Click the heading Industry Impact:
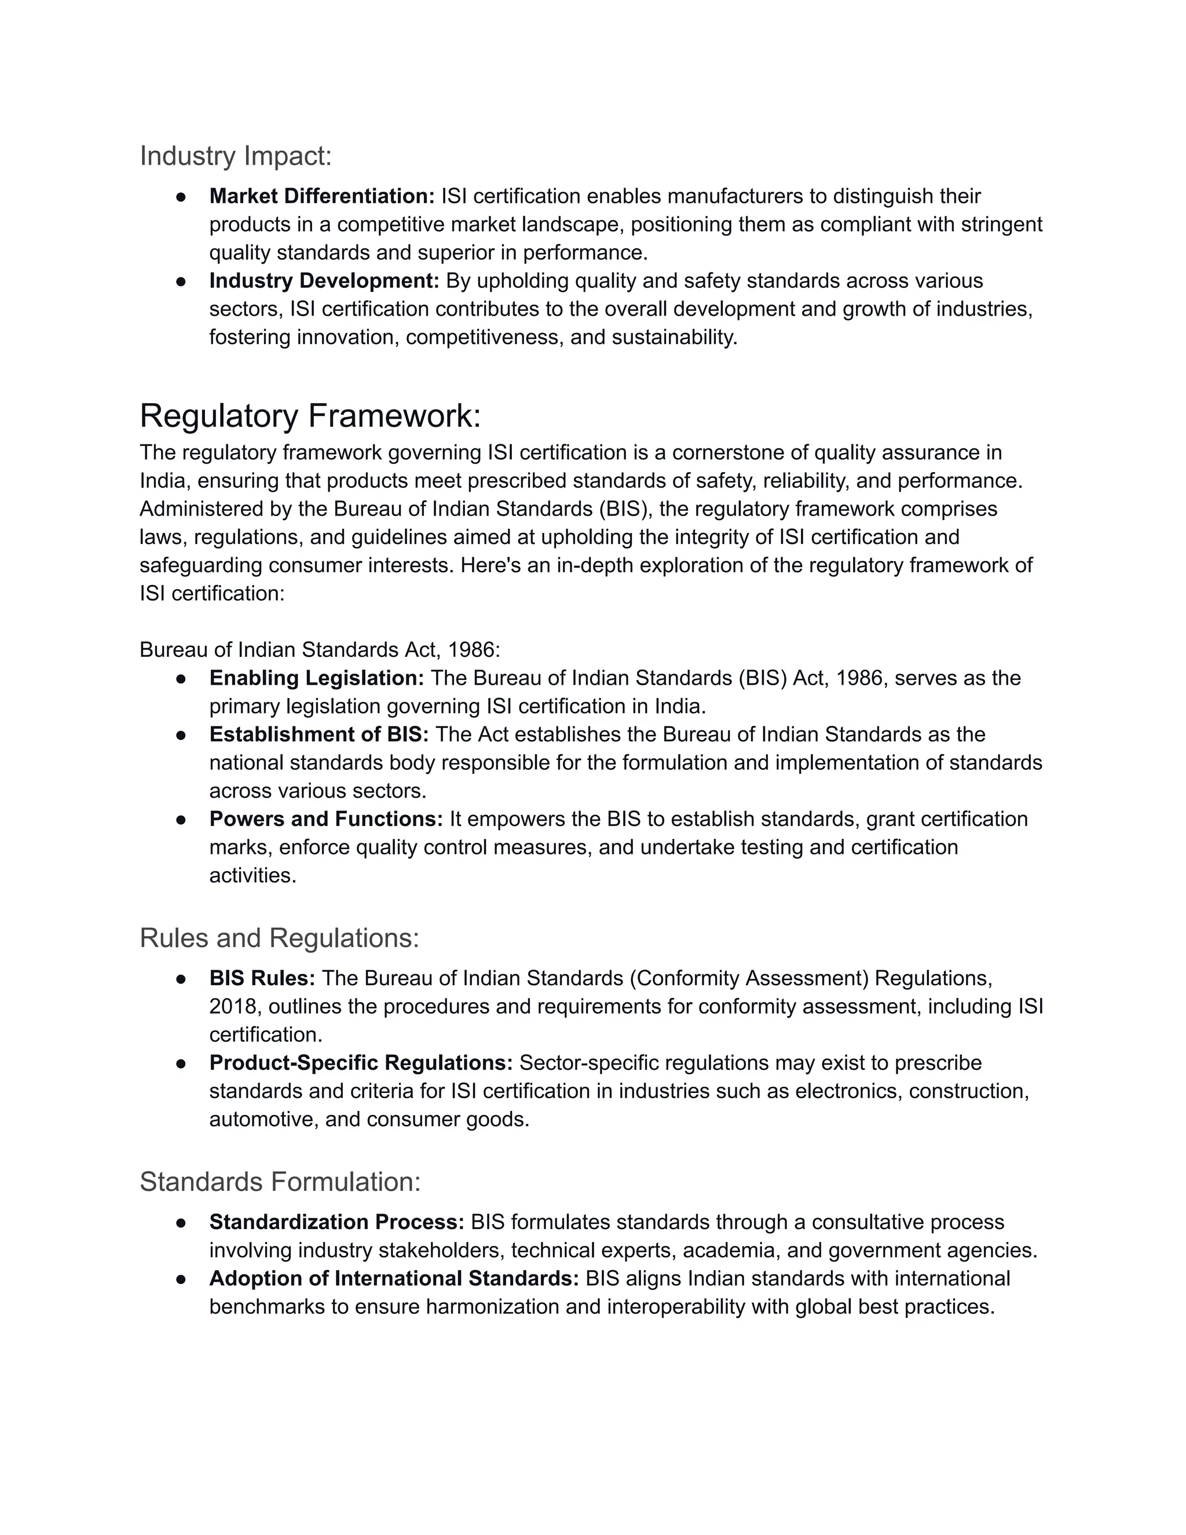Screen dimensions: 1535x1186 235,156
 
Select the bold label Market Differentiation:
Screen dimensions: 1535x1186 322,196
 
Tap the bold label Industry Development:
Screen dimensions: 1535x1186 324,280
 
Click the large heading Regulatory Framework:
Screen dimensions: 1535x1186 310,416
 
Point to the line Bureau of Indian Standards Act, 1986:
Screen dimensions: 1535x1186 320,649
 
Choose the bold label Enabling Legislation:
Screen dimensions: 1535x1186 316,678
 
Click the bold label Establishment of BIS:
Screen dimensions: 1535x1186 319,734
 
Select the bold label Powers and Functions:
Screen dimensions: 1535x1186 325,819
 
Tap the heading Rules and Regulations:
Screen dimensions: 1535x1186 279,938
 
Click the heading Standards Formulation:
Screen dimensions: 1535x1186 280,1182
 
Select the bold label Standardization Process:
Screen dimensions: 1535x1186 336,1222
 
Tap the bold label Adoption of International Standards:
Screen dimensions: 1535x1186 393,1278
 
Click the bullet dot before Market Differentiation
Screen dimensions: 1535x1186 181,197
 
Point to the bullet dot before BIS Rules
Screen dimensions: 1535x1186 181,979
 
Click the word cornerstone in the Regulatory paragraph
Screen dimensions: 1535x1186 724,452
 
